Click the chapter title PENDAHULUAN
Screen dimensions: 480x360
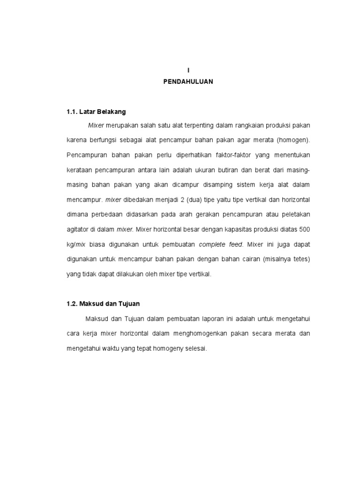click(x=188, y=82)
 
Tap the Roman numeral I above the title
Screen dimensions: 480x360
click(x=188, y=70)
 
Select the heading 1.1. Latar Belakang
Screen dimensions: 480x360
click(x=96, y=112)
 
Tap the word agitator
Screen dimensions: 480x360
click(x=79, y=230)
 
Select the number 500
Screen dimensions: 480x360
click(x=304, y=230)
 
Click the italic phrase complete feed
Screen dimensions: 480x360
click(x=221, y=244)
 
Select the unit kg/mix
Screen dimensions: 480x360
click(x=76, y=244)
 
